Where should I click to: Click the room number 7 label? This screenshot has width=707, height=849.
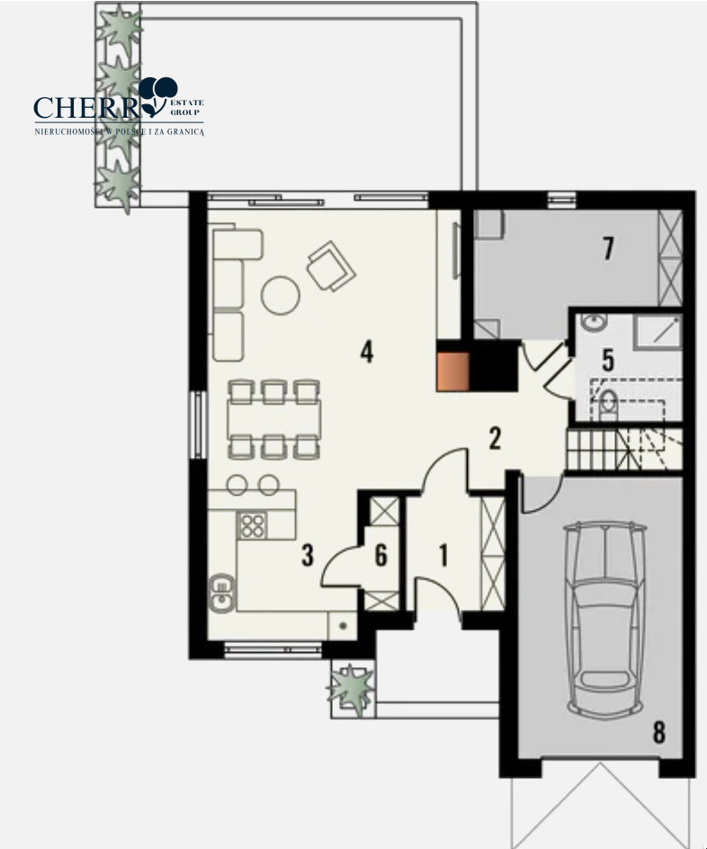(x=608, y=248)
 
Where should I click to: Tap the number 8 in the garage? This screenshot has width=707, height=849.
(x=658, y=733)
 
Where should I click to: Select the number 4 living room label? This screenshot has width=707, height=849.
(x=367, y=352)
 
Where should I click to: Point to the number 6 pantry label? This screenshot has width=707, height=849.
(x=381, y=555)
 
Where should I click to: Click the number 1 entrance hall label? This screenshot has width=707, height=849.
(x=444, y=556)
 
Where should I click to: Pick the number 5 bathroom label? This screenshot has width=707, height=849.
(x=608, y=361)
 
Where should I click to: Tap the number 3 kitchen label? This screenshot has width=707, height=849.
(x=308, y=555)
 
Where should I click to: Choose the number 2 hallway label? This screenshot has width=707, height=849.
(x=495, y=439)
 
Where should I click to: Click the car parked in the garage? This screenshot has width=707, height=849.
(x=604, y=617)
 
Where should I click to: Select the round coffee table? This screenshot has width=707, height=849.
(x=281, y=295)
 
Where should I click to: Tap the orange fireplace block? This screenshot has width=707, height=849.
(x=452, y=371)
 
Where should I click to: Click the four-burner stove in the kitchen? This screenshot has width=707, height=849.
(x=252, y=524)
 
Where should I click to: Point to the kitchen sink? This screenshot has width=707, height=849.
(x=222, y=593)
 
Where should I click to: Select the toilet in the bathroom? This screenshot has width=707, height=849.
(x=608, y=405)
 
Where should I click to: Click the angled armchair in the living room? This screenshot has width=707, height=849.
(x=331, y=266)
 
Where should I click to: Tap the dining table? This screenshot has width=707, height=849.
(x=274, y=420)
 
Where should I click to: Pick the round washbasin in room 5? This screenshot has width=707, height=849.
(x=594, y=323)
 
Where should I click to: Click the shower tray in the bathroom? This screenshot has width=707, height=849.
(x=658, y=331)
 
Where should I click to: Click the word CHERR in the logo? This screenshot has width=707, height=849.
(x=87, y=108)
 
